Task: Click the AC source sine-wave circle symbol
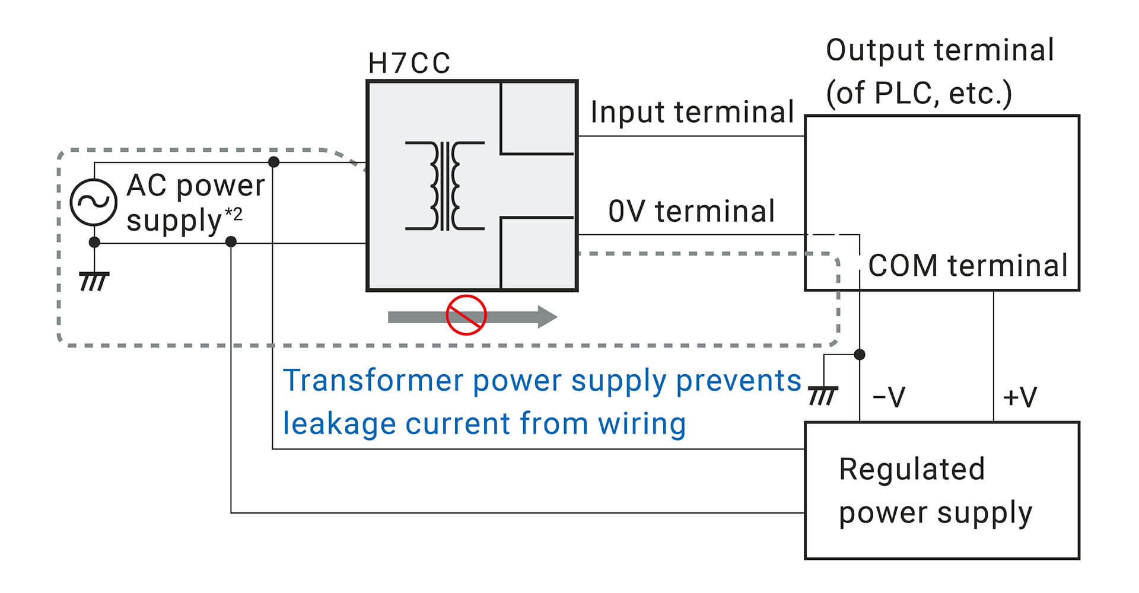[x=93, y=202]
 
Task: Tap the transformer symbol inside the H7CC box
[x=445, y=186]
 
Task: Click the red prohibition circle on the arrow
[x=466, y=315]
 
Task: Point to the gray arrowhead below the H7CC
[x=547, y=317]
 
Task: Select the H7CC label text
[x=409, y=63]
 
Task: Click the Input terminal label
[x=692, y=113]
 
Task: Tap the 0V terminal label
[x=692, y=212]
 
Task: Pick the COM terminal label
[x=968, y=266]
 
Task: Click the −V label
[x=889, y=397]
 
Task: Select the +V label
[x=1019, y=397]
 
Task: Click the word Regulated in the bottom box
[x=912, y=470]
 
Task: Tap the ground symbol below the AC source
[x=94, y=281]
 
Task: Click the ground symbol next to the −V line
[x=823, y=395]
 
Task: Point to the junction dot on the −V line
[x=859, y=355]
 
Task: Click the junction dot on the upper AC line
[x=273, y=162]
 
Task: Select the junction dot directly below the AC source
[x=94, y=242]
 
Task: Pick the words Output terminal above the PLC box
[x=940, y=50]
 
